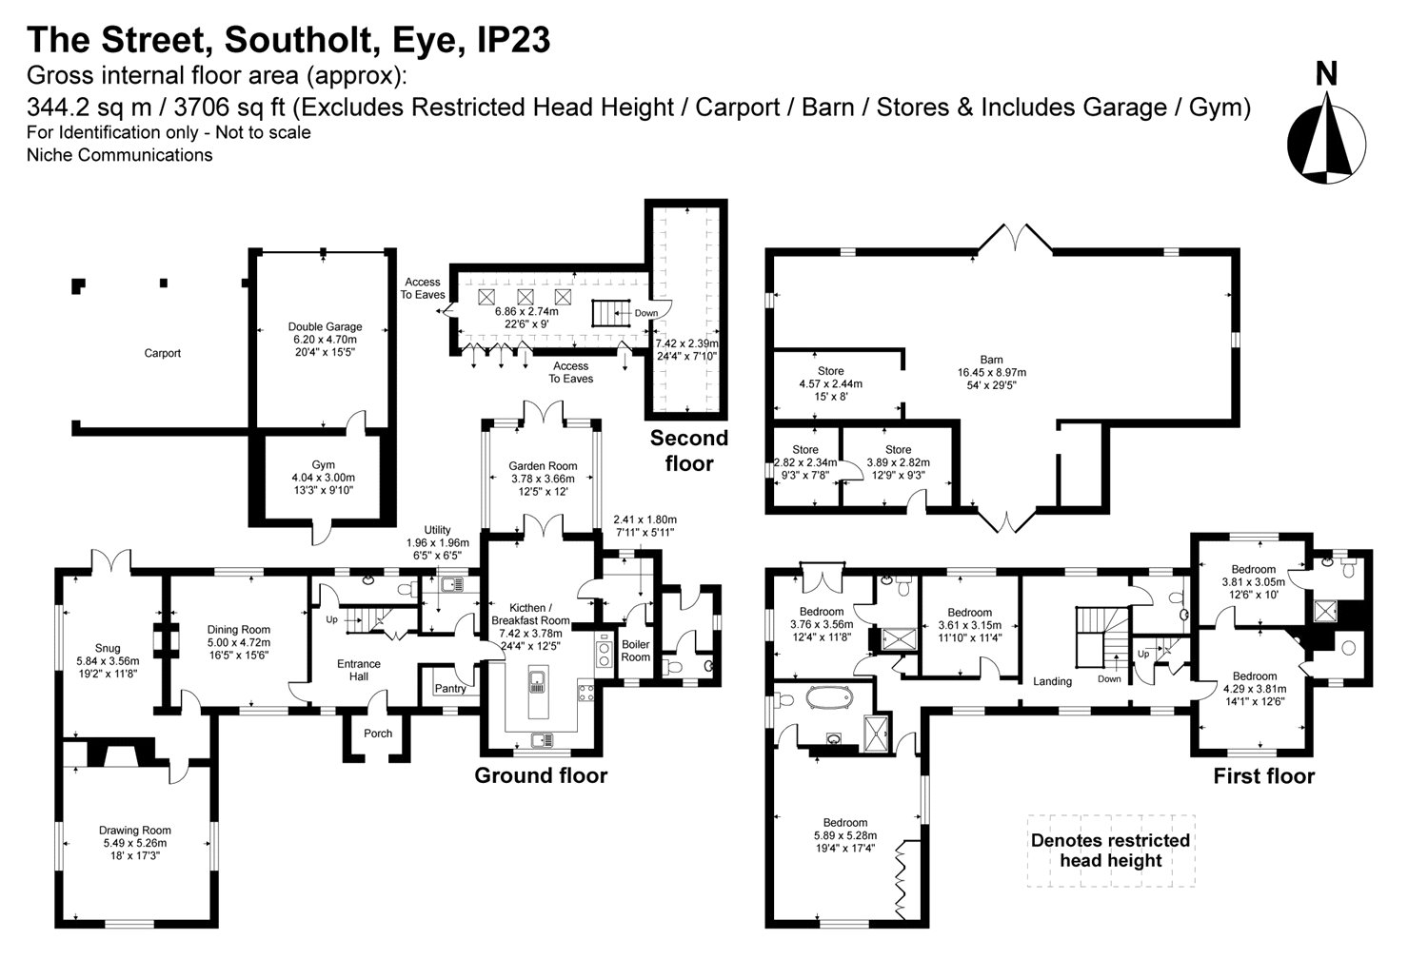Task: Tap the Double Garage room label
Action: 325,327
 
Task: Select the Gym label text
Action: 323,465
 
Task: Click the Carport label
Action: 162,353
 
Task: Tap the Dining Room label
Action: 239,629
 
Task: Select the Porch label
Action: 378,734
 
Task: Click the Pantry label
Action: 449,688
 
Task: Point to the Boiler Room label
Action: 635,651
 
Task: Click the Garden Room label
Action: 542,466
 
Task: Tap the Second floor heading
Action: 688,451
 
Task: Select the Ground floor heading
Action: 541,775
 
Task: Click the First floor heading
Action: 1263,776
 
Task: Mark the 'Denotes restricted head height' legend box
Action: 1110,851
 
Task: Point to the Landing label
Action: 1052,681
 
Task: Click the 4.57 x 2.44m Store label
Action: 830,371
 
